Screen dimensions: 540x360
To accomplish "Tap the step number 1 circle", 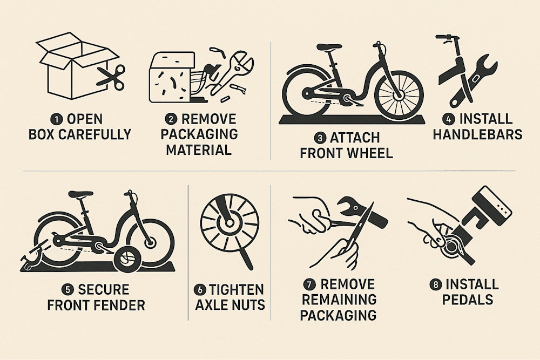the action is [x=55, y=119].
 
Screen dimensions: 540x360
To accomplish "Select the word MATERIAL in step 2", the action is [x=199, y=150].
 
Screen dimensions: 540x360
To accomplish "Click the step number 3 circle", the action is [x=320, y=138].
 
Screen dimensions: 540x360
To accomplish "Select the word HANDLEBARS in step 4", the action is [x=477, y=134].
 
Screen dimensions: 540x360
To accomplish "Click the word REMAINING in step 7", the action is [x=339, y=300].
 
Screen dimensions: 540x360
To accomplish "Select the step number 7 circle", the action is [x=309, y=285].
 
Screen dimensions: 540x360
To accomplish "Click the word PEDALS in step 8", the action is [x=468, y=300].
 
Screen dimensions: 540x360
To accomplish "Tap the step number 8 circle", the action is [x=435, y=285].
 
